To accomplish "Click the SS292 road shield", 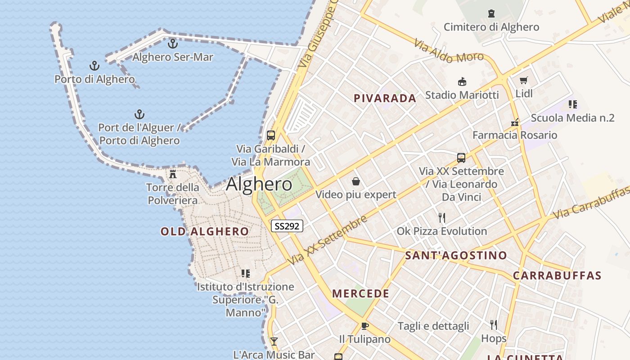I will pyautogui.click(x=287, y=226).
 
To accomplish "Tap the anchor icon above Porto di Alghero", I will pyautogui.click(x=94, y=66).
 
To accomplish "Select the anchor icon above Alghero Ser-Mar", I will pyautogui.click(x=173, y=44).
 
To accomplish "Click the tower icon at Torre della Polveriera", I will pyautogui.click(x=173, y=174).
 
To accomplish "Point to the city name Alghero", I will pyautogui.click(x=259, y=184).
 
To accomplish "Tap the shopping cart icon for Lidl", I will pyautogui.click(x=523, y=81).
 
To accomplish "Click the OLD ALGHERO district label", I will pyautogui.click(x=205, y=232).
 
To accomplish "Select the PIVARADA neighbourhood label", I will pyautogui.click(x=385, y=99).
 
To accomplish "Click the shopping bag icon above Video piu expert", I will pyautogui.click(x=356, y=181).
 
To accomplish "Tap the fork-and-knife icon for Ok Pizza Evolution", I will pyautogui.click(x=442, y=218).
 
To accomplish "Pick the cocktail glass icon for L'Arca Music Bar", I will pyautogui.click(x=274, y=342).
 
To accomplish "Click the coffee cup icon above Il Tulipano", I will pyautogui.click(x=364, y=326).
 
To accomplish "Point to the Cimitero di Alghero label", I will pyautogui.click(x=491, y=27).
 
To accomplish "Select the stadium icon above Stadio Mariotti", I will pyautogui.click(x=462, y=82).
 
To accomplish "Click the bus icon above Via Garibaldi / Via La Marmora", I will pyautogui.click(x=271, y=135).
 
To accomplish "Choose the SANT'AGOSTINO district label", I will pyautogui.click(x=456, y=256).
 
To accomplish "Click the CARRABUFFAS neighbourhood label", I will pyautogui.click(x=557, y=275).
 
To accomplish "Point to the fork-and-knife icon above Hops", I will pyautogui.click(x=494, y=325).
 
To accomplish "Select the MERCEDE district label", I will pyautogui.click(x=360, y=294).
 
